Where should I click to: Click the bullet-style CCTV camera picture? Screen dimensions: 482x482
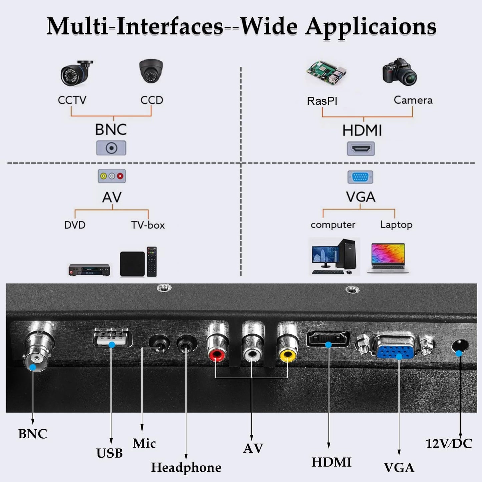[x=76, y=73]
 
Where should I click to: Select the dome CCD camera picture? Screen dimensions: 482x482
[x=151, y=71]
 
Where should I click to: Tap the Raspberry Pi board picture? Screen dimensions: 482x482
[x=327, y=72]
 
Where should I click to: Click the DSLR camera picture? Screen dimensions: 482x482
[x=400, y=72]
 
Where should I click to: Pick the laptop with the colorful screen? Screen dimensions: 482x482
[x=388, y=258]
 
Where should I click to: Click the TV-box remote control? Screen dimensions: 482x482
[x=151, y=262]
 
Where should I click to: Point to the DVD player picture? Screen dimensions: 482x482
[x=89, y=270]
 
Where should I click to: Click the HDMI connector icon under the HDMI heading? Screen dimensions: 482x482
[x=361, y=148]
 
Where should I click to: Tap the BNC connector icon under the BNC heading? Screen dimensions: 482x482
[x=111, y=148]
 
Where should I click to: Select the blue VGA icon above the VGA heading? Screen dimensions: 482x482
[x=360, y=177]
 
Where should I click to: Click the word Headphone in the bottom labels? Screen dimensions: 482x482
[x=186, y=468]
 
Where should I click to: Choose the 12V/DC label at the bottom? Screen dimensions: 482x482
[x=449, y=444]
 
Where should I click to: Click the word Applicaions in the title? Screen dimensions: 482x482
[x=372, y=27]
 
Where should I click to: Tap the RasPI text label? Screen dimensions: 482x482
[x=322, y=101]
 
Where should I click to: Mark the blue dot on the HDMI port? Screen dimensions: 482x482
[x=329, y=345]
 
